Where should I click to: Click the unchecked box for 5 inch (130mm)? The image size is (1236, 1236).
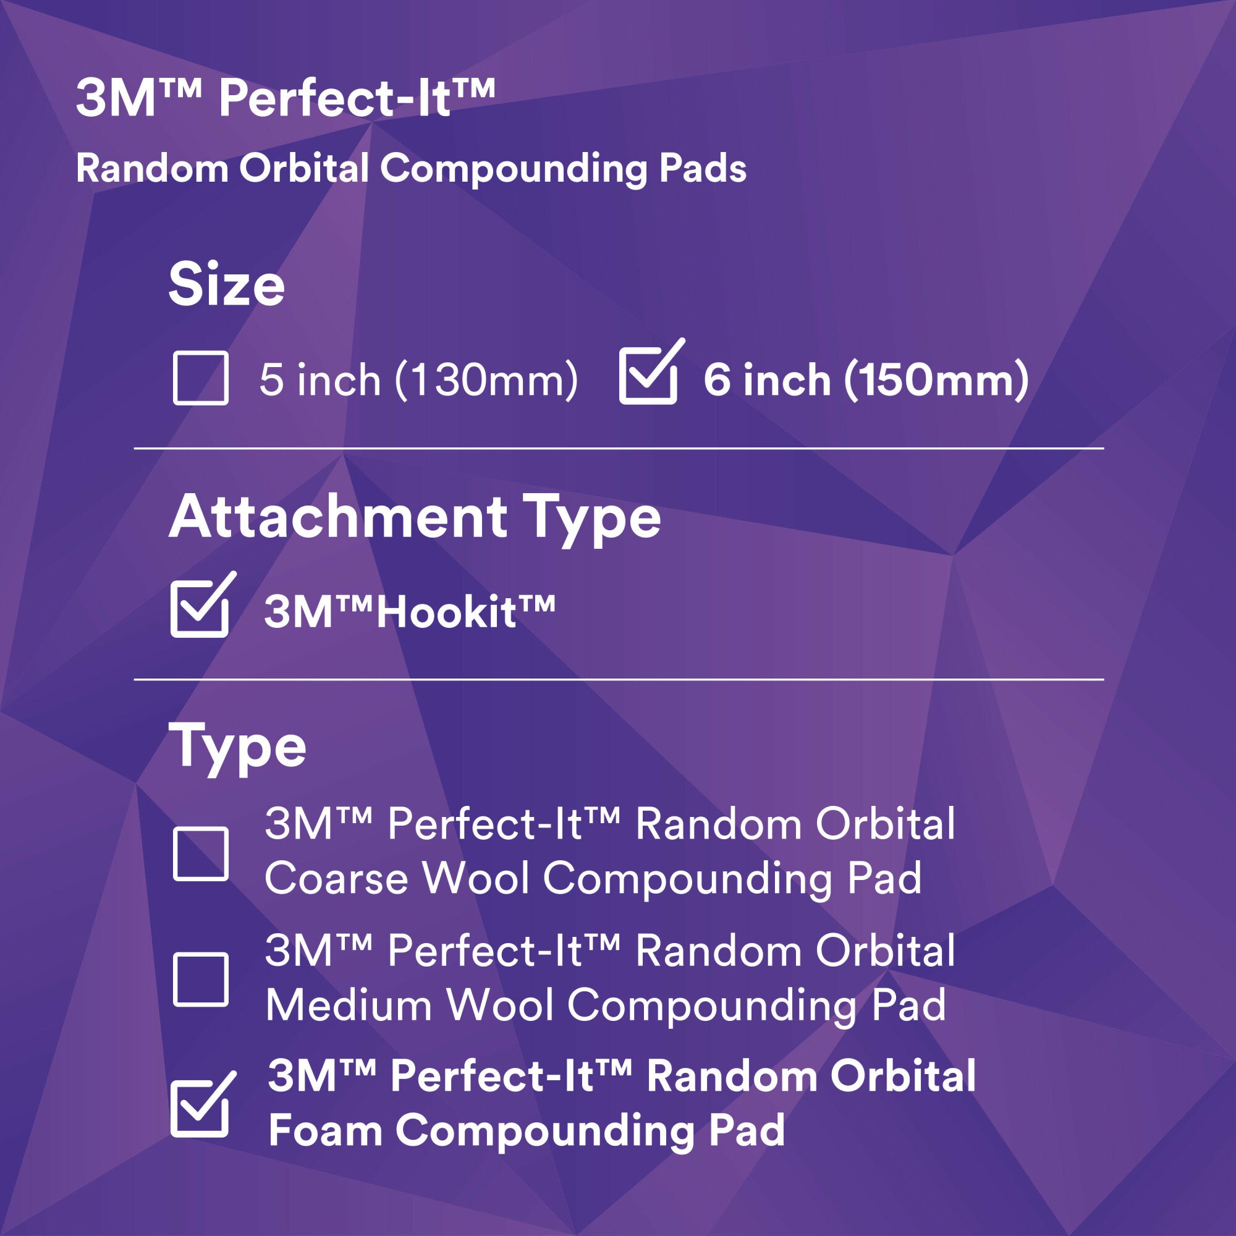tap(200, 378)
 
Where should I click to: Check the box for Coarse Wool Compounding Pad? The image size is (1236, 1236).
tap(200, 854)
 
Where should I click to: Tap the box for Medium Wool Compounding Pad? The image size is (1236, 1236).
tap(200, 980)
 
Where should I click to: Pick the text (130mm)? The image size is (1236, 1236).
tap(486, 380)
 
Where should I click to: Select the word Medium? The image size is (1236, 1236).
tap(349, 1005)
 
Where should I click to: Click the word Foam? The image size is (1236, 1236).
tap(325, 1131)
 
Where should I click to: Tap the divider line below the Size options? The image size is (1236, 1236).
tap(619, 449)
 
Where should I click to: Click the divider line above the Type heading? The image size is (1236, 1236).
tap(619, 679)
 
